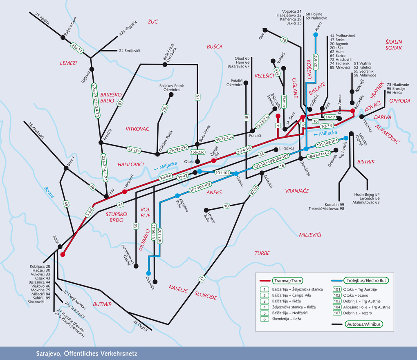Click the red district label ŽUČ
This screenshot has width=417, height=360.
pyautogui.click(x=153, y=21)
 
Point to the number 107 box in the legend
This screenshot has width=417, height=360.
pyautogui.click(x=337, y=313)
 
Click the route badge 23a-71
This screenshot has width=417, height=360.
pyautogui.click(x=77, y=48)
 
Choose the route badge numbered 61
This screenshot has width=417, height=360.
pyautogui.click(x=120, y=103)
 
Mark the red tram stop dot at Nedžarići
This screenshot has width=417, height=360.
pyautogui.click(x=125, y=191)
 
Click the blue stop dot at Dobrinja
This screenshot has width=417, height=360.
pyautogui.click(x=148, y=273)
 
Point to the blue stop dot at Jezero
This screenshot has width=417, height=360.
pyautogui.click(x=315, y=35)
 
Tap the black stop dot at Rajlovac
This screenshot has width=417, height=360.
pyautogui.click(x=92, y=69)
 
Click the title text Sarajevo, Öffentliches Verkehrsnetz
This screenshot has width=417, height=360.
pyautogui.click(x=86, y=353)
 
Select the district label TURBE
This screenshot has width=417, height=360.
pyautogui.click(x=262, y=253)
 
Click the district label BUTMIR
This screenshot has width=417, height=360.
pyautogui.click(x=102, y=304)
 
